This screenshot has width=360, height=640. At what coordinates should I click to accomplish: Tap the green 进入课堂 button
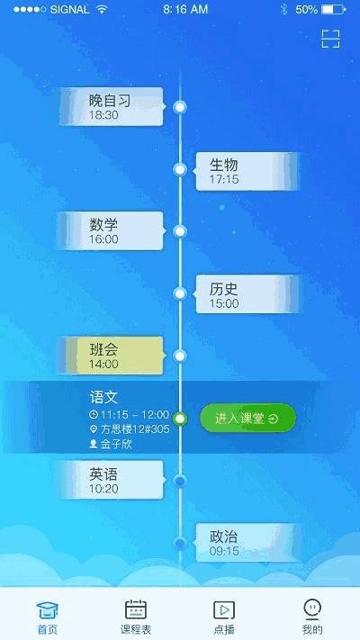247,418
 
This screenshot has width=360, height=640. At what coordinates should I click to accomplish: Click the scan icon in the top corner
330,39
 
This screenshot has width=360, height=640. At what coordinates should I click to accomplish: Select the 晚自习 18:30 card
112,106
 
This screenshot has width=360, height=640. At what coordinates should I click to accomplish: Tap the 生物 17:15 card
247,171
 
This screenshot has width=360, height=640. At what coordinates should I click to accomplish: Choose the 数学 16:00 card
111,231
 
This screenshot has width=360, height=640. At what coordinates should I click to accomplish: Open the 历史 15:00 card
247,294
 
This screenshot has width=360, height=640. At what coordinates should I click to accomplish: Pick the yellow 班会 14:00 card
111,356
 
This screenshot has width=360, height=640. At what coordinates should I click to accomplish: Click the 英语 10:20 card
111,480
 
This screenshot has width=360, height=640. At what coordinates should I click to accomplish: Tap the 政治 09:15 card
246,543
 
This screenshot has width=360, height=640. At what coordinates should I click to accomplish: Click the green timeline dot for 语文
180,419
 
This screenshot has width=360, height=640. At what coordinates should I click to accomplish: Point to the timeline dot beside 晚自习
180,107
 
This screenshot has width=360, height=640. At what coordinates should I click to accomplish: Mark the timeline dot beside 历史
180,293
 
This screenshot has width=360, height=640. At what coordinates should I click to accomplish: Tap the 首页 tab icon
48,610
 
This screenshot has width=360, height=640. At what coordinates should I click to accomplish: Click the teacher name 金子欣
116,444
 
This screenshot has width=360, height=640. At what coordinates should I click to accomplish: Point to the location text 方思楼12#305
135,429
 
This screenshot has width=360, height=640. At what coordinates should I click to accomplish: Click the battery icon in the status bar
334,9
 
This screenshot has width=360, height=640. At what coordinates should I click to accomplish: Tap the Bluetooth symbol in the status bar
284,9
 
